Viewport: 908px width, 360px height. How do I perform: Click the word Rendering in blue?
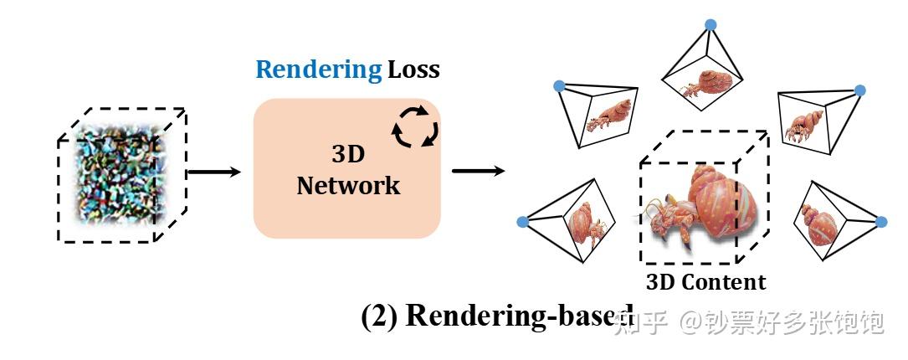tap(318, 69)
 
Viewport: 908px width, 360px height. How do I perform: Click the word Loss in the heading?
tap(413, 69)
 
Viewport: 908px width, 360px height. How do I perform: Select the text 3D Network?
tap(348, 170)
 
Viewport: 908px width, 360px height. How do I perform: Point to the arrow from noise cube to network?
tap(214, 172)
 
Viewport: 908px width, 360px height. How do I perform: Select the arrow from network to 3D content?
tap(478, 172)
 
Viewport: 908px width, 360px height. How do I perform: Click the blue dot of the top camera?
tap(710, 24)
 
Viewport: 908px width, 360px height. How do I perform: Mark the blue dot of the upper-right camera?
tap(859, 90)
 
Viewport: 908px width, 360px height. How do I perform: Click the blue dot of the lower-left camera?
tap(522, 222)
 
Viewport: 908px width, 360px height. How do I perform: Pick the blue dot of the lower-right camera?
tap(880, 222)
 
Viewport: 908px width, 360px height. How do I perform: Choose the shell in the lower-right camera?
tap(816, 222)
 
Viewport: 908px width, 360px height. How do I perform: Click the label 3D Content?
tap(705, 282)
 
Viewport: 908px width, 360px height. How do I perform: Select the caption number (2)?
tap(381, 316)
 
